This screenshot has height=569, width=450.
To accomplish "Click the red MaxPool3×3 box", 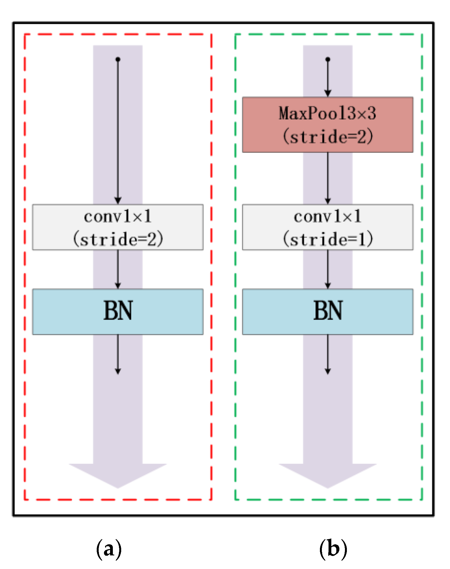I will click(327, 125).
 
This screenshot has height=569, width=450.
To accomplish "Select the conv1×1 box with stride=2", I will click(118, 227).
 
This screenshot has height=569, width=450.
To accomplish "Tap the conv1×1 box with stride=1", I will click(327, 227).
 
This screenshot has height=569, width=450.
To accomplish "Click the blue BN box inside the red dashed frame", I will click(118, 312).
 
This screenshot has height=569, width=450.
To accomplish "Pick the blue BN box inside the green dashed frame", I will click(327, 312).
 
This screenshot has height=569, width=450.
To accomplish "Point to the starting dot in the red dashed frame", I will click(118, 59).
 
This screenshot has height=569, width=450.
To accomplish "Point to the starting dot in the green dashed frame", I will click(328, 59).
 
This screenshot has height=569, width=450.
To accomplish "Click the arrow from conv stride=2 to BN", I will click(118, 269).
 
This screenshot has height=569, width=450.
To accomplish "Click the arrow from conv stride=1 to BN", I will click(328, 269).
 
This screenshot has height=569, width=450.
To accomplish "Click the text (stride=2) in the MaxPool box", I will click(328, 136).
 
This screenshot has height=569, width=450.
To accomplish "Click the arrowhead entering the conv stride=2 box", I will click(118, 200).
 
